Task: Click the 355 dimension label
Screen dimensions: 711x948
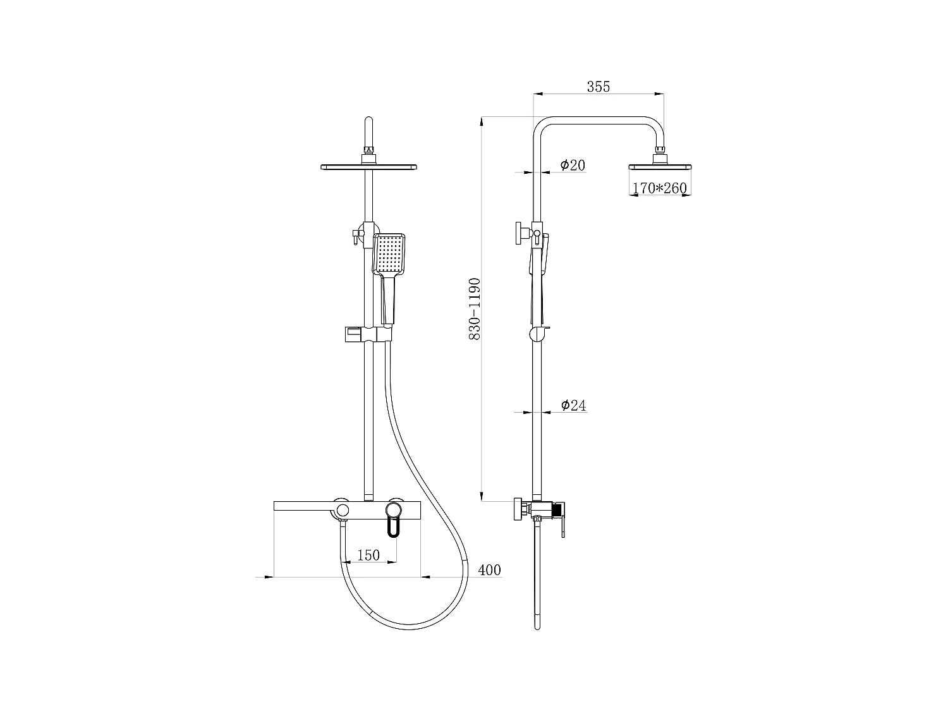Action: (598, 87)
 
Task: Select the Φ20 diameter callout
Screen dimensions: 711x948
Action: (573, 166)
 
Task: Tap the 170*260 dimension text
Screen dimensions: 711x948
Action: (659, 188)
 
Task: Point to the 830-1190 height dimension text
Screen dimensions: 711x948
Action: (475, 309)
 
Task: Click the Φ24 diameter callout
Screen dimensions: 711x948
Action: (573, 405)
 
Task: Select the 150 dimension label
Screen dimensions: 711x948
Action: (368, 555)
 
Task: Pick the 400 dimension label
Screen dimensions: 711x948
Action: (489, 570)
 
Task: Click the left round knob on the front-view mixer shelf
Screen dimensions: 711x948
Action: (342, 509)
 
